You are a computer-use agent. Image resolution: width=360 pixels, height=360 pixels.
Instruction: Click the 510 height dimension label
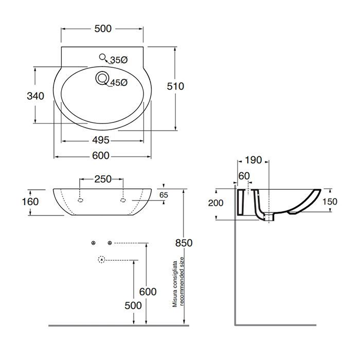pyautogui.click(x=175, y=86)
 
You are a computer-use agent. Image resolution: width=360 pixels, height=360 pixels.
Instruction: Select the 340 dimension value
pyautogui.click(x=35, y=96)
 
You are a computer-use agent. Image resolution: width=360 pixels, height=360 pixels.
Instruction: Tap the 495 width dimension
pyautogui.click(x=101, y=140)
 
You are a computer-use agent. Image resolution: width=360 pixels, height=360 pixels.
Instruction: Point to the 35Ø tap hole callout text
pyautogui.click(x=119, y=60)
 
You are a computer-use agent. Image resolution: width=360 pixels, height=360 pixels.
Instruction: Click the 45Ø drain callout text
pyautogui.click(x=119, y=82)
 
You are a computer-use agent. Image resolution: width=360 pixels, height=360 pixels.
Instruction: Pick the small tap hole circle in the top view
pyautogui.click(x=102, y=57)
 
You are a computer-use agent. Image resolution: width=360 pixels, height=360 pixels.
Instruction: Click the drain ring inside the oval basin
pyautogui.click(x=101, y=78)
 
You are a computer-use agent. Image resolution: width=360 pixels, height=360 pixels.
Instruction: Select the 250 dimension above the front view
pyautogui.click(x=103, y=179)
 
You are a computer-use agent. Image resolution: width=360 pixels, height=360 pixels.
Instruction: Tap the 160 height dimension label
pyautogui.click(x=30, y=202)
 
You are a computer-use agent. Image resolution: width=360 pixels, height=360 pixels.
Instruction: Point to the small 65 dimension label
pyautogui.click(x=164, y=195)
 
